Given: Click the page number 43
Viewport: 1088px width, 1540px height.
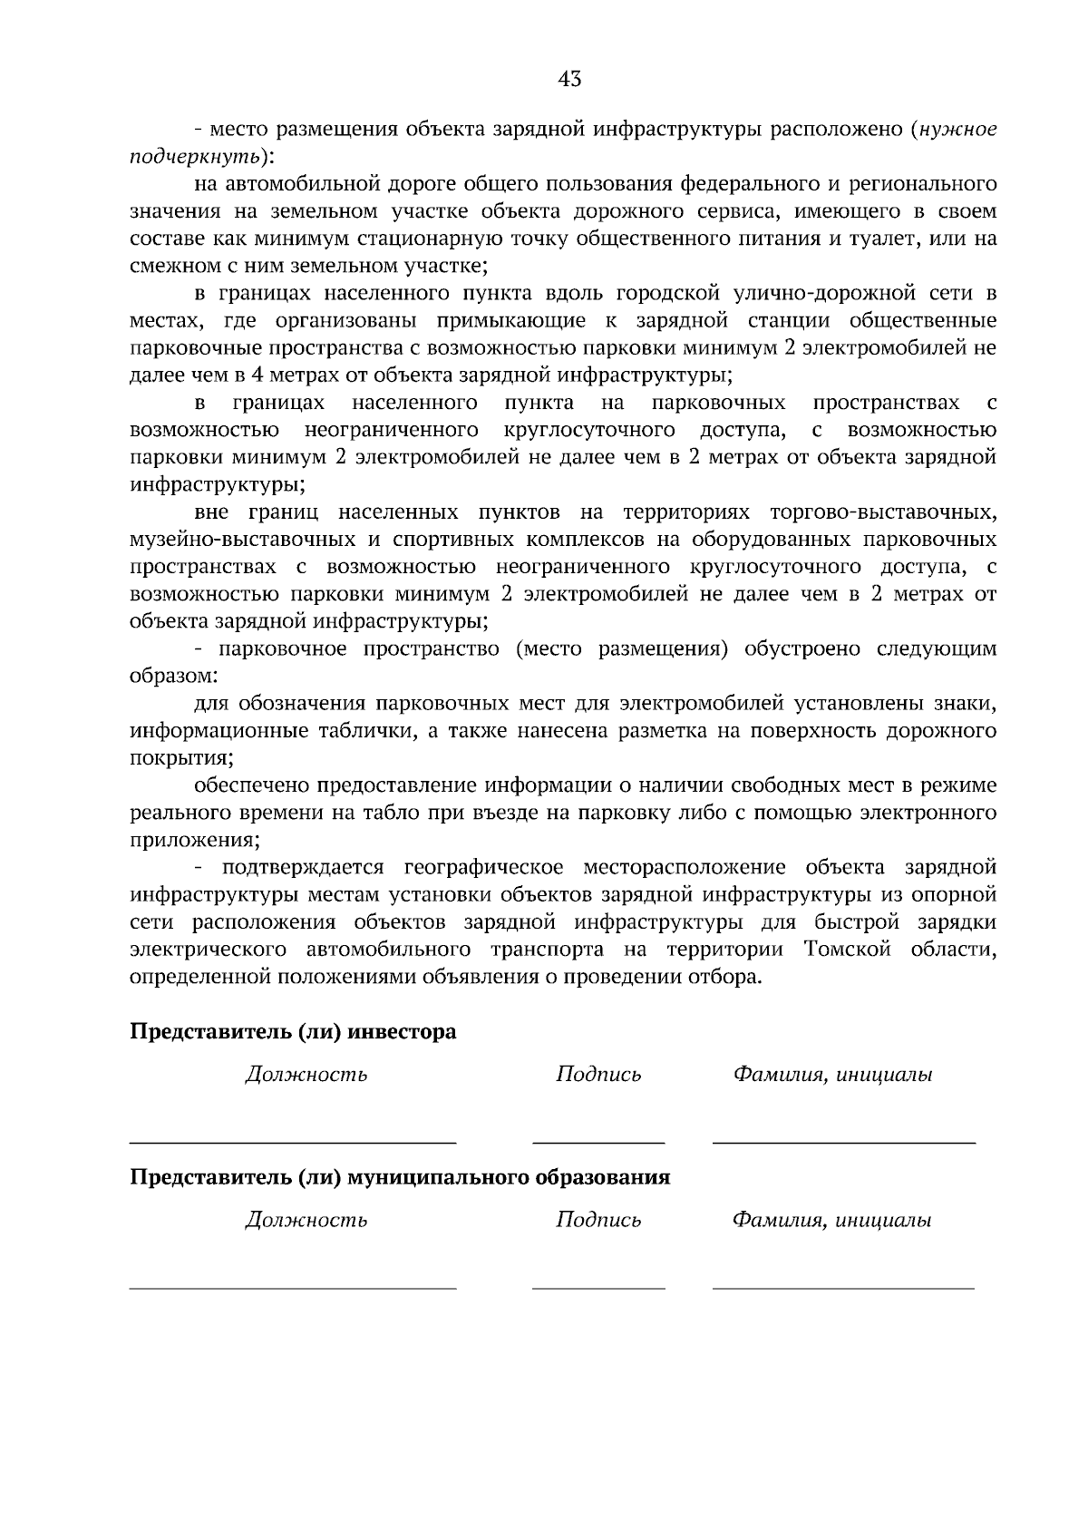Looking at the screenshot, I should coord(569,80).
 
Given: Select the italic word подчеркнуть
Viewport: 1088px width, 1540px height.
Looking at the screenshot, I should coord(195,157).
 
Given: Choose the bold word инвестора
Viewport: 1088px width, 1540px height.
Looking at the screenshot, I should coord(403,1032).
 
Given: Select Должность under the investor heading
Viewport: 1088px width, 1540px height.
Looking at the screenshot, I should coord(306,1075).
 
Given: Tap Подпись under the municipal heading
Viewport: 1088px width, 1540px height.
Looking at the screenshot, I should coord(598,1220).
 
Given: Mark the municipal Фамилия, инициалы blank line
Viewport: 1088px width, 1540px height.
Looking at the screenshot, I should coord(843,1287).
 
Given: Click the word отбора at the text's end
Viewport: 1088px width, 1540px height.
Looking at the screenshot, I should coord(724,977).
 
